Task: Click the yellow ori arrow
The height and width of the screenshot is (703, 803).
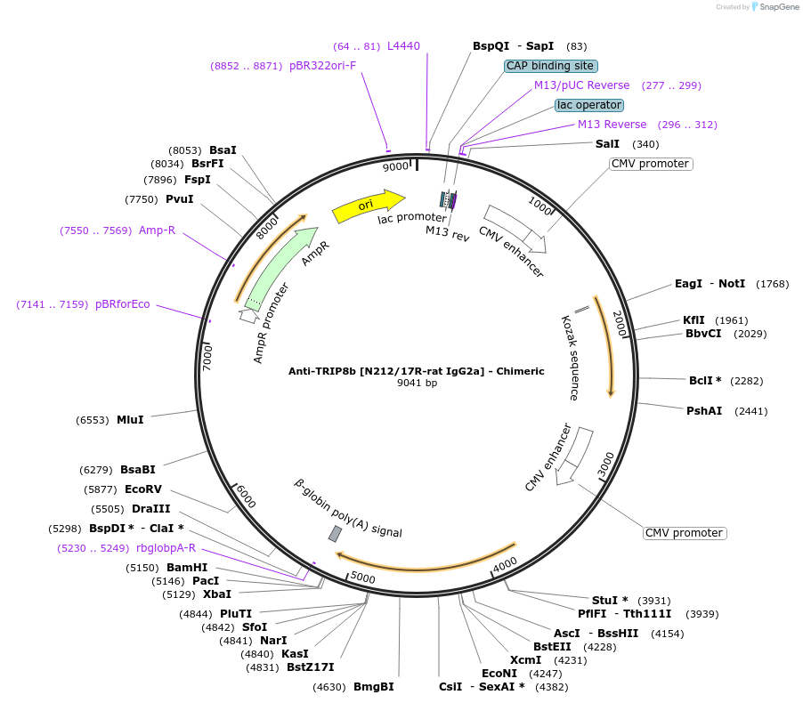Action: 368,206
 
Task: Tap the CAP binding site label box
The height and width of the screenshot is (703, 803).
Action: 550,66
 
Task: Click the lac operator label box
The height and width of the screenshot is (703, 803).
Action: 588,105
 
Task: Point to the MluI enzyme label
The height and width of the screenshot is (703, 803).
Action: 130,420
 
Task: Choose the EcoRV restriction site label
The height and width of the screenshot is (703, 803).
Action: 143,489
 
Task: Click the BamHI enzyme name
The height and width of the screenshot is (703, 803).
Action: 187,568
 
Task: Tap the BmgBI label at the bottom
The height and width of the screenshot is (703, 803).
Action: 373,687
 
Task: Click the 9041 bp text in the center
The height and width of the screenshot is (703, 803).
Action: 417,384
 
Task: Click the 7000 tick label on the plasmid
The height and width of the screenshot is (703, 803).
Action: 207,359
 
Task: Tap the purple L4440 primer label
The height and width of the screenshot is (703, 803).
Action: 403,46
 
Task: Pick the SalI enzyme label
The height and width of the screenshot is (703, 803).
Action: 607,144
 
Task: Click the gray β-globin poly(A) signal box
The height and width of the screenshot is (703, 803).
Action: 335,533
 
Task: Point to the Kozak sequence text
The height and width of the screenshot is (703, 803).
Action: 570,357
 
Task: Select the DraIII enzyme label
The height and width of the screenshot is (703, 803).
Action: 150,509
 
